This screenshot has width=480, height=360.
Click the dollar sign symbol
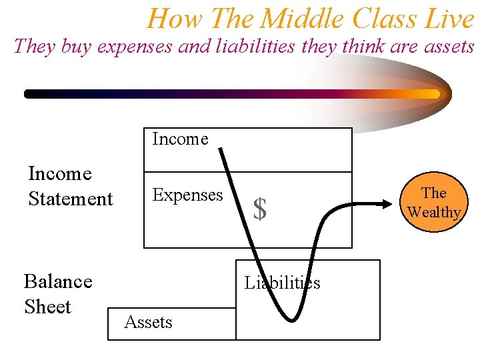coord(260,209)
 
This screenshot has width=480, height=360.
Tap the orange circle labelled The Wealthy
coord(434,202)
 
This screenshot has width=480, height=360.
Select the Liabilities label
coord(282,283)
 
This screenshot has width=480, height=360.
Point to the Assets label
coord(148,323)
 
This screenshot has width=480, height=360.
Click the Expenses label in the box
coord(187,195)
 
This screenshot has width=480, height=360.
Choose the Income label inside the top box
coord(180,139)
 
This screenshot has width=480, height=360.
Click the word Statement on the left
coord(71,199)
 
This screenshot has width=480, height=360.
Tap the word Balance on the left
coord(58,281)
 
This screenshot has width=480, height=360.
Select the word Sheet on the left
coord(47,307)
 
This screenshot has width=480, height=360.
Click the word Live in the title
coord(451,19)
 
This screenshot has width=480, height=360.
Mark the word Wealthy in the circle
coord(434,212)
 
